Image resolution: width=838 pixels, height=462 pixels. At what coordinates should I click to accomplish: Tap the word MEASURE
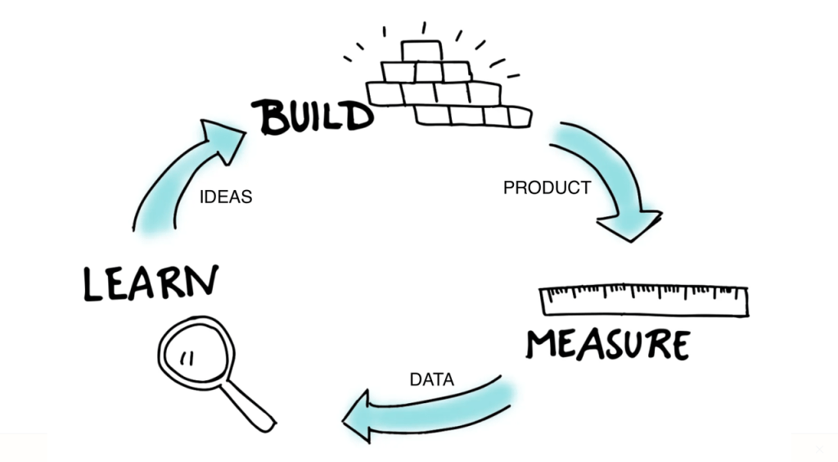606,344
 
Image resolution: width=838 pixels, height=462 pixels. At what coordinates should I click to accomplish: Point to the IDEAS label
225,197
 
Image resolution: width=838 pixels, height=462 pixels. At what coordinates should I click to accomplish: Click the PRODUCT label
547,188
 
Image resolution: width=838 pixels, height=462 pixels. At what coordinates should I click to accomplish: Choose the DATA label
431,379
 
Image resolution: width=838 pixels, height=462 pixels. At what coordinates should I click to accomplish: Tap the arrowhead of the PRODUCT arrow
629,223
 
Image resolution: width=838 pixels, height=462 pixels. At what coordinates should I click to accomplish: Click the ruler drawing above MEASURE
645,300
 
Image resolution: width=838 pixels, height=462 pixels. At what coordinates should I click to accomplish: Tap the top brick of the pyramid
421,51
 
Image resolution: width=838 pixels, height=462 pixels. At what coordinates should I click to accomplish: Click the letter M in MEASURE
542,344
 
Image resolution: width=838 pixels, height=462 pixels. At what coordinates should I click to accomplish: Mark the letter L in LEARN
94,283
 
